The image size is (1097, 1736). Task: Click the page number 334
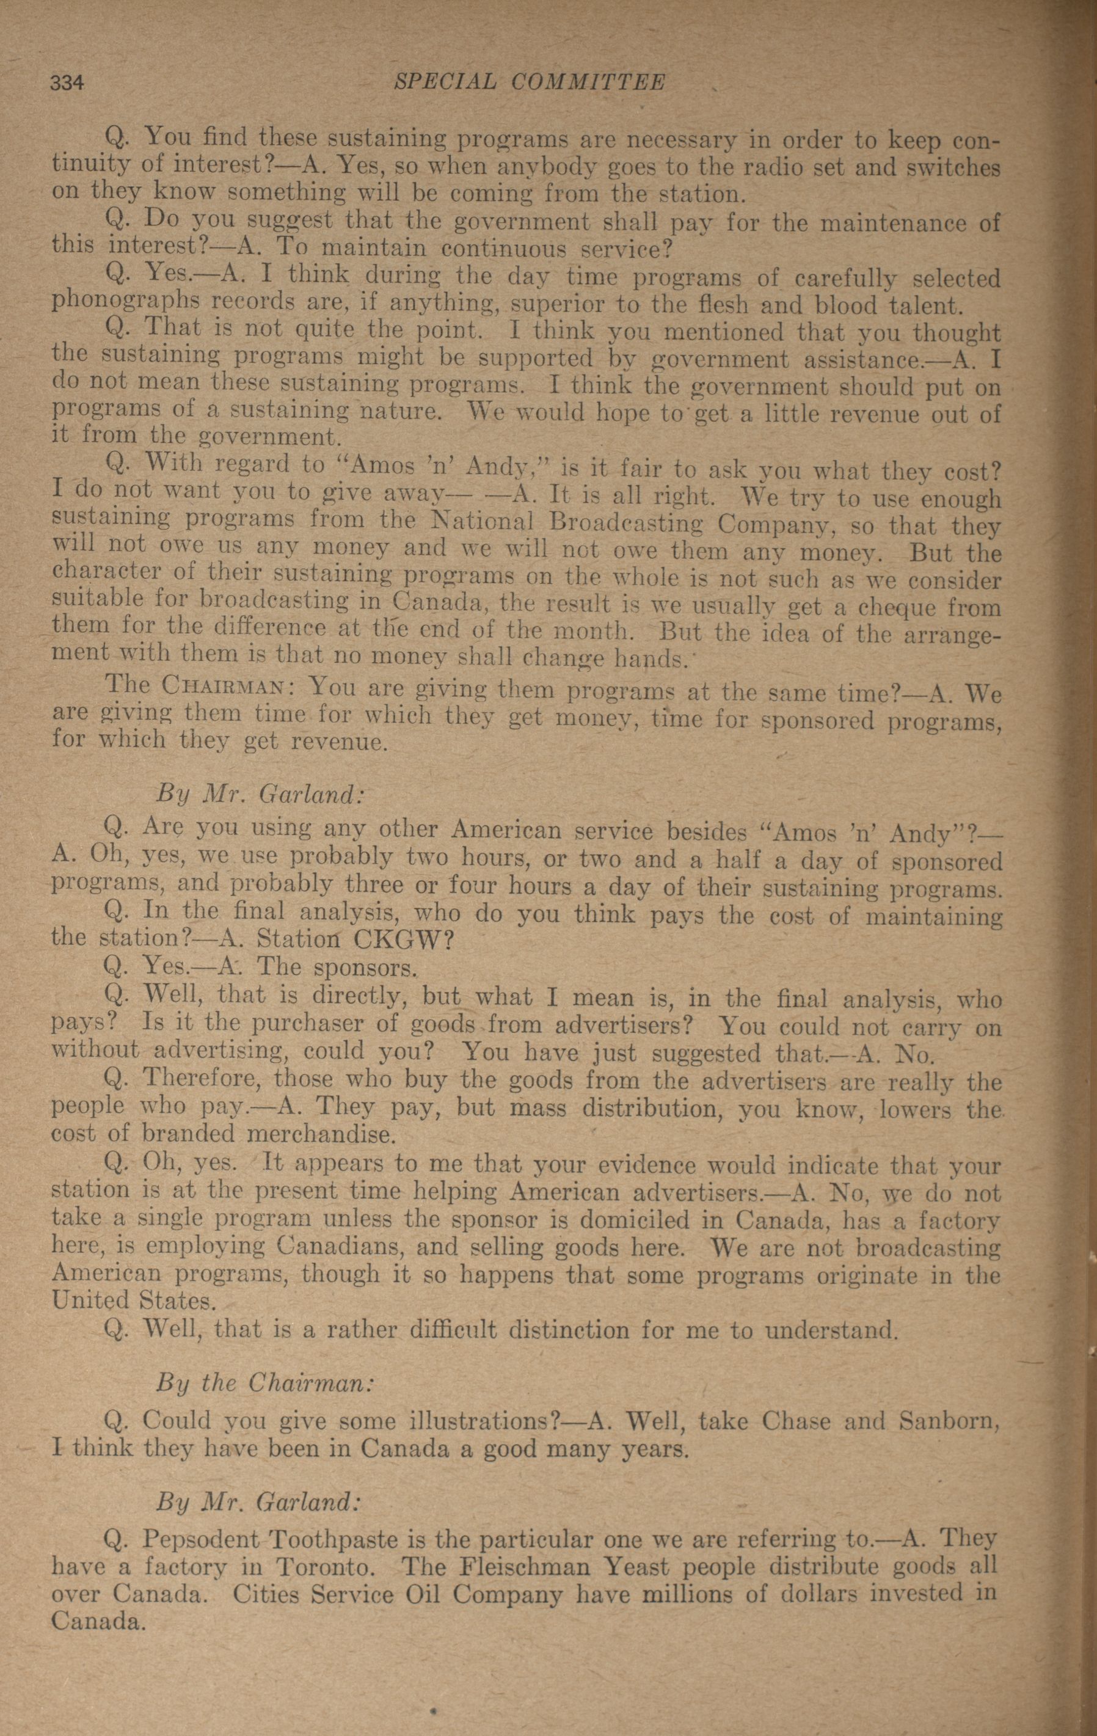67,84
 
